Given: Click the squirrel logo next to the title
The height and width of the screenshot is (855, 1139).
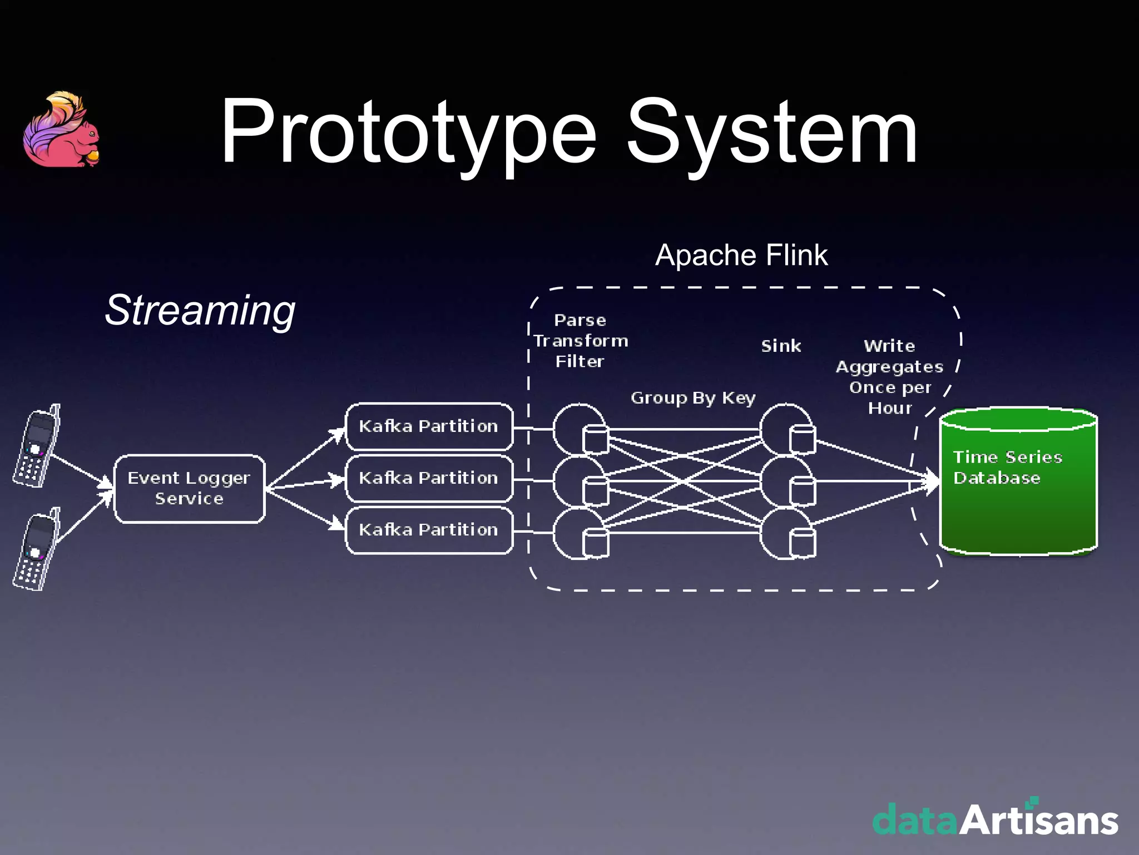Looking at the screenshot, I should pos(61,131).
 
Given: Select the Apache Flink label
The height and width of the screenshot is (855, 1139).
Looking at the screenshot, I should pos(741,255).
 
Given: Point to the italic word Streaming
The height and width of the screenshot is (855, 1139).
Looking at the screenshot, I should pos(200,310).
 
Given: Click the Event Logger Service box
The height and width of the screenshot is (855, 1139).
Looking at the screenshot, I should pos(189,489).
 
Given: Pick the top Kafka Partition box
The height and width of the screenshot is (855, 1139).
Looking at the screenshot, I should pos(429,426).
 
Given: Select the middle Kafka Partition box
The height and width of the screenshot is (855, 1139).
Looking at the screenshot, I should pos(429,478).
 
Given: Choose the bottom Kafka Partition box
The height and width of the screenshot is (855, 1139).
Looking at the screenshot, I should pos(429,530).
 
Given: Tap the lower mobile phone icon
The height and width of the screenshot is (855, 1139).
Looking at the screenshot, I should pos(37,550).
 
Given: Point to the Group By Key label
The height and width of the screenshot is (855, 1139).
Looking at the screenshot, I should pos(692,398).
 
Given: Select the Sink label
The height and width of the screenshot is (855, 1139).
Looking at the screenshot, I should pos(781,346).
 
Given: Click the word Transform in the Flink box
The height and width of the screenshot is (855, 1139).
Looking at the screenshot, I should pos(581,341).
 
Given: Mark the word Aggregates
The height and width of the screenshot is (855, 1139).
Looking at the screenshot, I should pos(889,367).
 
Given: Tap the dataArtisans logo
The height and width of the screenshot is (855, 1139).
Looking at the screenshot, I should pos(995,819).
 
